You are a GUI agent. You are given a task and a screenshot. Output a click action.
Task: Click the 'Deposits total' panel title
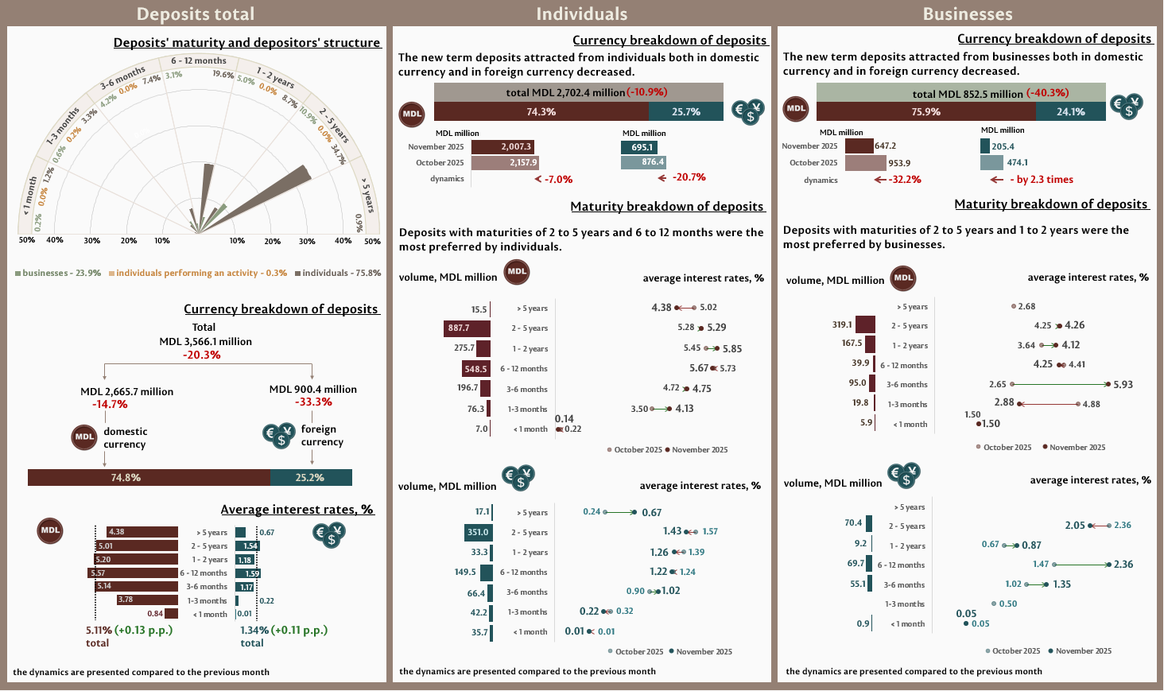196,14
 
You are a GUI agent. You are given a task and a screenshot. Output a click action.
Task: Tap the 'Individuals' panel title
581,14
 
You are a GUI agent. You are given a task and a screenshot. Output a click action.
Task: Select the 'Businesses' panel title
968,14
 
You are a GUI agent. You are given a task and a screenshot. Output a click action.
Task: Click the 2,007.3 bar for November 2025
502,146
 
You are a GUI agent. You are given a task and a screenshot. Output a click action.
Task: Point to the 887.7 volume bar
467,328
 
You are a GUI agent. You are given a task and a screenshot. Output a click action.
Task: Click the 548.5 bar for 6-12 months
475,369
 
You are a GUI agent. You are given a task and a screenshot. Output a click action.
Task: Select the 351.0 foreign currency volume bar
478,532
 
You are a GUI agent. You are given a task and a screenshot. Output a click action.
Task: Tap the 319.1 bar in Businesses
865,324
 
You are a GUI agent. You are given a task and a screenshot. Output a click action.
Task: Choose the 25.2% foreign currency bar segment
311,477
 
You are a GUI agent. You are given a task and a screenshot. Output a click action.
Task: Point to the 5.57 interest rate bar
133,573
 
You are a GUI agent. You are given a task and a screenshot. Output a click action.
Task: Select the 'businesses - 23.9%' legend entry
58,273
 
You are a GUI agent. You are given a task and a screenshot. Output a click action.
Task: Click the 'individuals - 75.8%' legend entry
338,273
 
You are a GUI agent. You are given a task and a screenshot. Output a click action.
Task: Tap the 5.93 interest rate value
1123,384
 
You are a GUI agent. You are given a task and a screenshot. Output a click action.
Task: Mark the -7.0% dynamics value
558,180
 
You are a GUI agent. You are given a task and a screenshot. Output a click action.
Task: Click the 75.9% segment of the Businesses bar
925,112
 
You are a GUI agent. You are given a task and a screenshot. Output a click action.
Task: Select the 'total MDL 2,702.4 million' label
565,92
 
